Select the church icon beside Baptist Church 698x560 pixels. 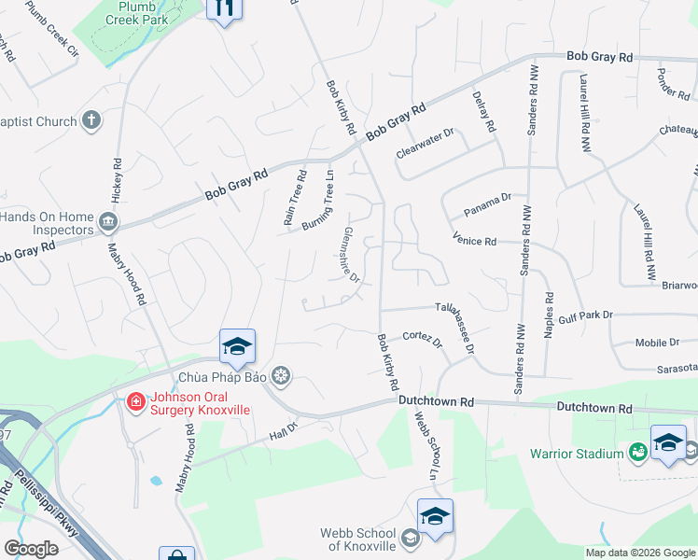click(x=91, y=119)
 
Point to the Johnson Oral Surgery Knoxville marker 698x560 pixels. click(x=135, y=402)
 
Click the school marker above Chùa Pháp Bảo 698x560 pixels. click(x=237, y=347)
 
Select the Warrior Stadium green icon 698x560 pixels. click(x=639, y=453)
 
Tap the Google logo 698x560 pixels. click(x=32, y=549)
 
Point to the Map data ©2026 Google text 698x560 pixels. click(x=640, y=553)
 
